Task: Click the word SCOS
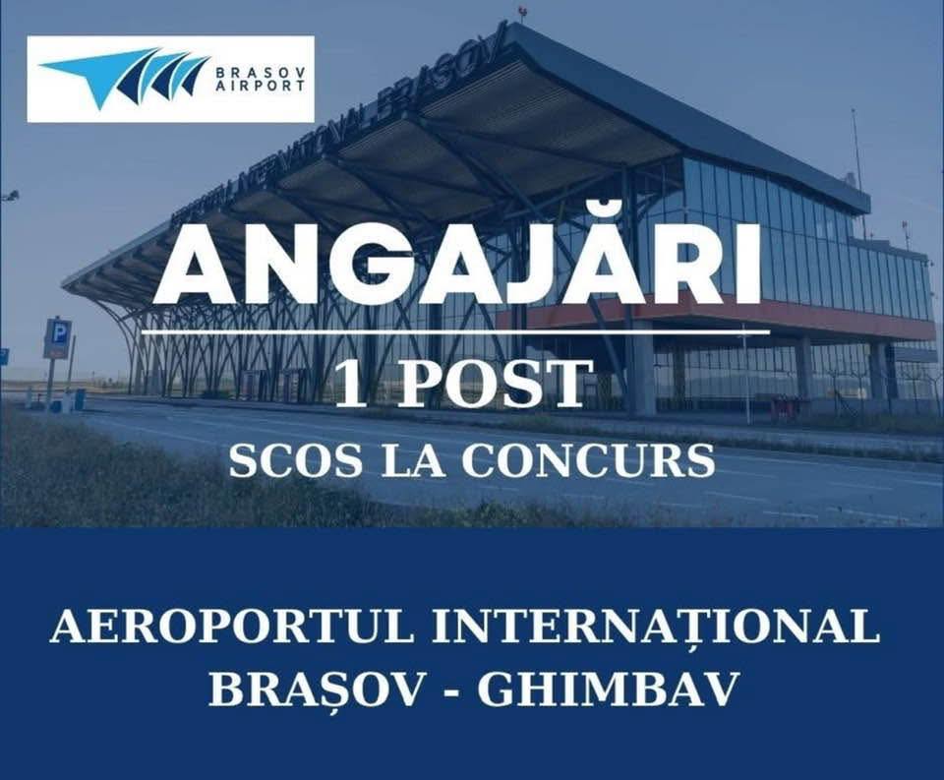click(x=296, y=462)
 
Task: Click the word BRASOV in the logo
click(x=260, y=72)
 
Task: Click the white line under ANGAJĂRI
click(x=455, y=330)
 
